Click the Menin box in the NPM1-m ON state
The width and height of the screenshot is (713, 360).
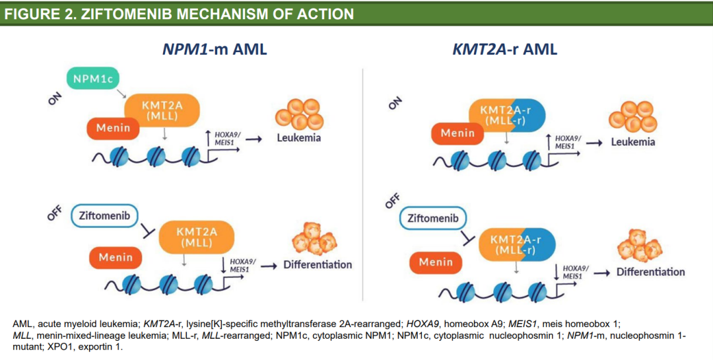pos(113,127)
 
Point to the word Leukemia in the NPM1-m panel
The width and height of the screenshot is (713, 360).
pos(299,137)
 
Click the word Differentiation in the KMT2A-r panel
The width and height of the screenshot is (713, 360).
pos(650,271)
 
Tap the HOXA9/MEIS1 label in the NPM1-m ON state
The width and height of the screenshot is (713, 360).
pos(228,138)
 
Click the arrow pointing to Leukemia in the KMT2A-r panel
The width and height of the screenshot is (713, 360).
pos(595,143)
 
